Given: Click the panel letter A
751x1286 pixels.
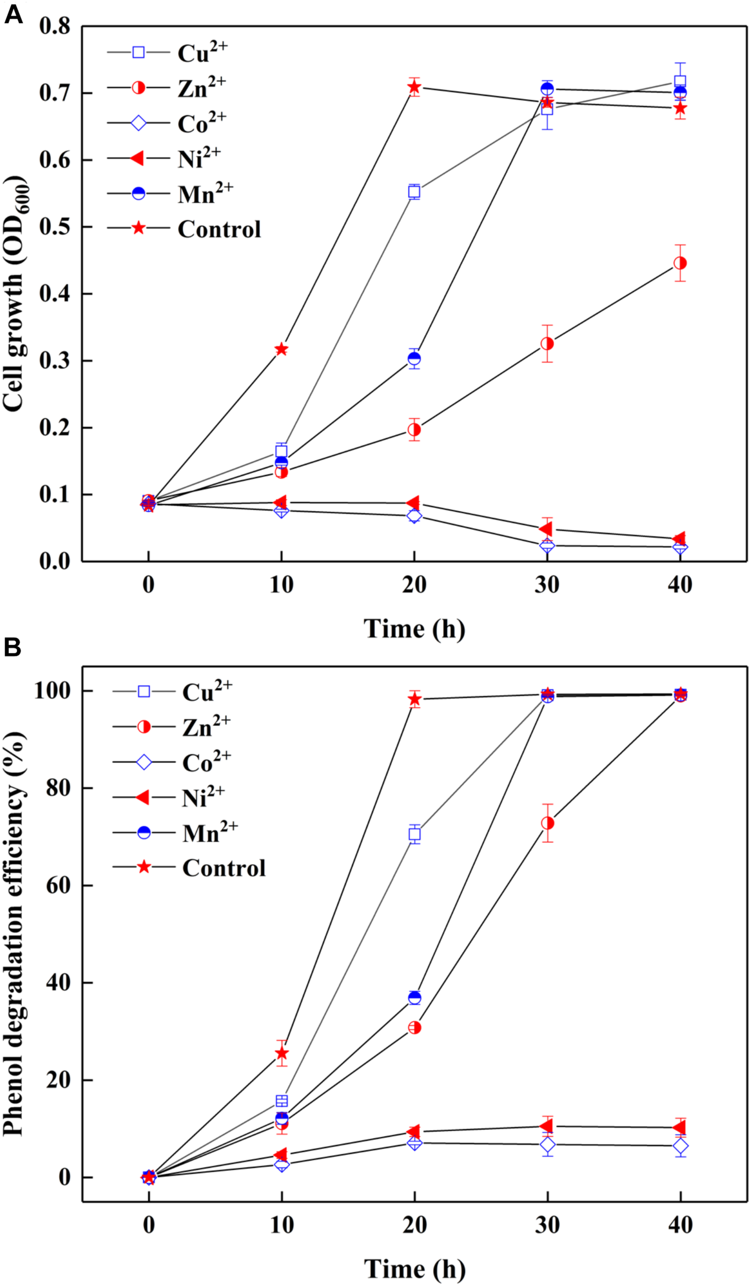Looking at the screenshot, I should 13,14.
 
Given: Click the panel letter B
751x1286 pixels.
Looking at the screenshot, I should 12,648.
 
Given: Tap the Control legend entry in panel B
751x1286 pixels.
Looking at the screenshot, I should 223,868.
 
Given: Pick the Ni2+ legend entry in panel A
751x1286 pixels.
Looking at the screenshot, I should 198,158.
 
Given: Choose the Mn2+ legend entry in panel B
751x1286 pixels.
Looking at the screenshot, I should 209,833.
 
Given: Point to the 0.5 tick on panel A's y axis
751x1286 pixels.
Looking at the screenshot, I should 54,227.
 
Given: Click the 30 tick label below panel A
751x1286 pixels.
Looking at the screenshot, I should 547,585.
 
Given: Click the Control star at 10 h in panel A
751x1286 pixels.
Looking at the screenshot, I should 281,350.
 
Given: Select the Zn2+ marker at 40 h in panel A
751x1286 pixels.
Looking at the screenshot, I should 680,263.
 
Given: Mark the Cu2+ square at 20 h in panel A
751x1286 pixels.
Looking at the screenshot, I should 414,192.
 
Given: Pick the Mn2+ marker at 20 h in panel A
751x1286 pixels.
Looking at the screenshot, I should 414,359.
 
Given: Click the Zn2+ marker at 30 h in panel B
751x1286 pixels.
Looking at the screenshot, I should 548,824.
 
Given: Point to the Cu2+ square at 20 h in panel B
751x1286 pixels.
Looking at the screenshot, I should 414,834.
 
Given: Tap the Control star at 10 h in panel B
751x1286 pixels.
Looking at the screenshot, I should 282,1053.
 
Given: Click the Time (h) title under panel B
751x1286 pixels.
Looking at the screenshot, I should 414,1269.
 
